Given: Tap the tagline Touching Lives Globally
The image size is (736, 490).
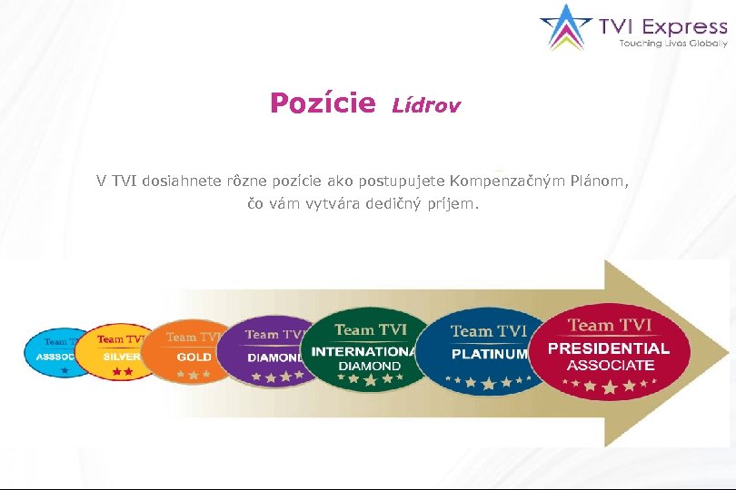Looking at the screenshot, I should pyautogui.click(x=673, y=44).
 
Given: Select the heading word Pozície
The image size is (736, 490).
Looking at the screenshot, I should pyautogui.click(x=323, y=104).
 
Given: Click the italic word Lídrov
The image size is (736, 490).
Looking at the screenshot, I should pyautogui.click(x=426, y=106).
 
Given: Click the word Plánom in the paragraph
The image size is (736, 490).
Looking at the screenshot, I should pyautogui.click(x=598, y=181).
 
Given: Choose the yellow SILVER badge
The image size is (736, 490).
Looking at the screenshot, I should pyautogui.click(x=116, y=351).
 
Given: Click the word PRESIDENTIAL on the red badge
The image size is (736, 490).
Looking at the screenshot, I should pyautogui.click(x=609, y=348).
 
